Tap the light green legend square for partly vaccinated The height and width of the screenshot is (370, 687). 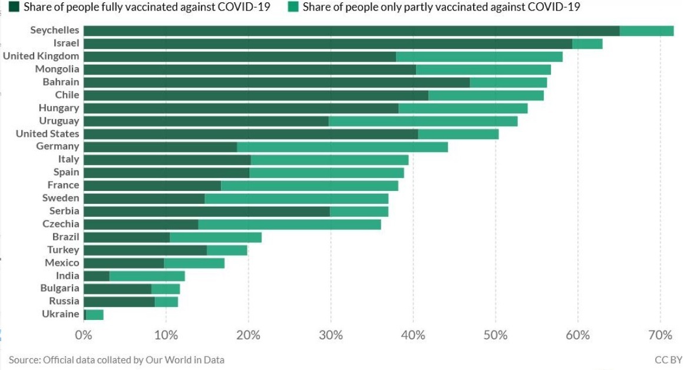pos(293,7)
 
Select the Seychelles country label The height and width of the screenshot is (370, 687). pos(55,31)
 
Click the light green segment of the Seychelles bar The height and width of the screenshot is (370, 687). pos(646,31)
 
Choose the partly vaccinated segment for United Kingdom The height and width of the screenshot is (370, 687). pos(479,57)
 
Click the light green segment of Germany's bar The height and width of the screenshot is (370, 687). pos(342,147)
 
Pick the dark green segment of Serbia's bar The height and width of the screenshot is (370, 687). pos(207,211)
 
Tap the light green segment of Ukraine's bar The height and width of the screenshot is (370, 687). pos(95,315)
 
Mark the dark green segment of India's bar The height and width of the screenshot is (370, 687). pos(97,276)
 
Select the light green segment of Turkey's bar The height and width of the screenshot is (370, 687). pos(227,250)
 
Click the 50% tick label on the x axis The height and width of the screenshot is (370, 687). pos(496,335)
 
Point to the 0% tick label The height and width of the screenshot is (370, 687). pos(84,335)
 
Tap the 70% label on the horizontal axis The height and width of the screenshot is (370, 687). pos(660,335)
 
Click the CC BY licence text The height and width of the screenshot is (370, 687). pos(668,359)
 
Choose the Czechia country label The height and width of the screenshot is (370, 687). pos(61,224)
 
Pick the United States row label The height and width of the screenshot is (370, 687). pos(47,134)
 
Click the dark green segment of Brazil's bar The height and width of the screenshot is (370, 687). pos(127,237)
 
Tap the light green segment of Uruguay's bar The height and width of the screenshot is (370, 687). pos(423,121)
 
